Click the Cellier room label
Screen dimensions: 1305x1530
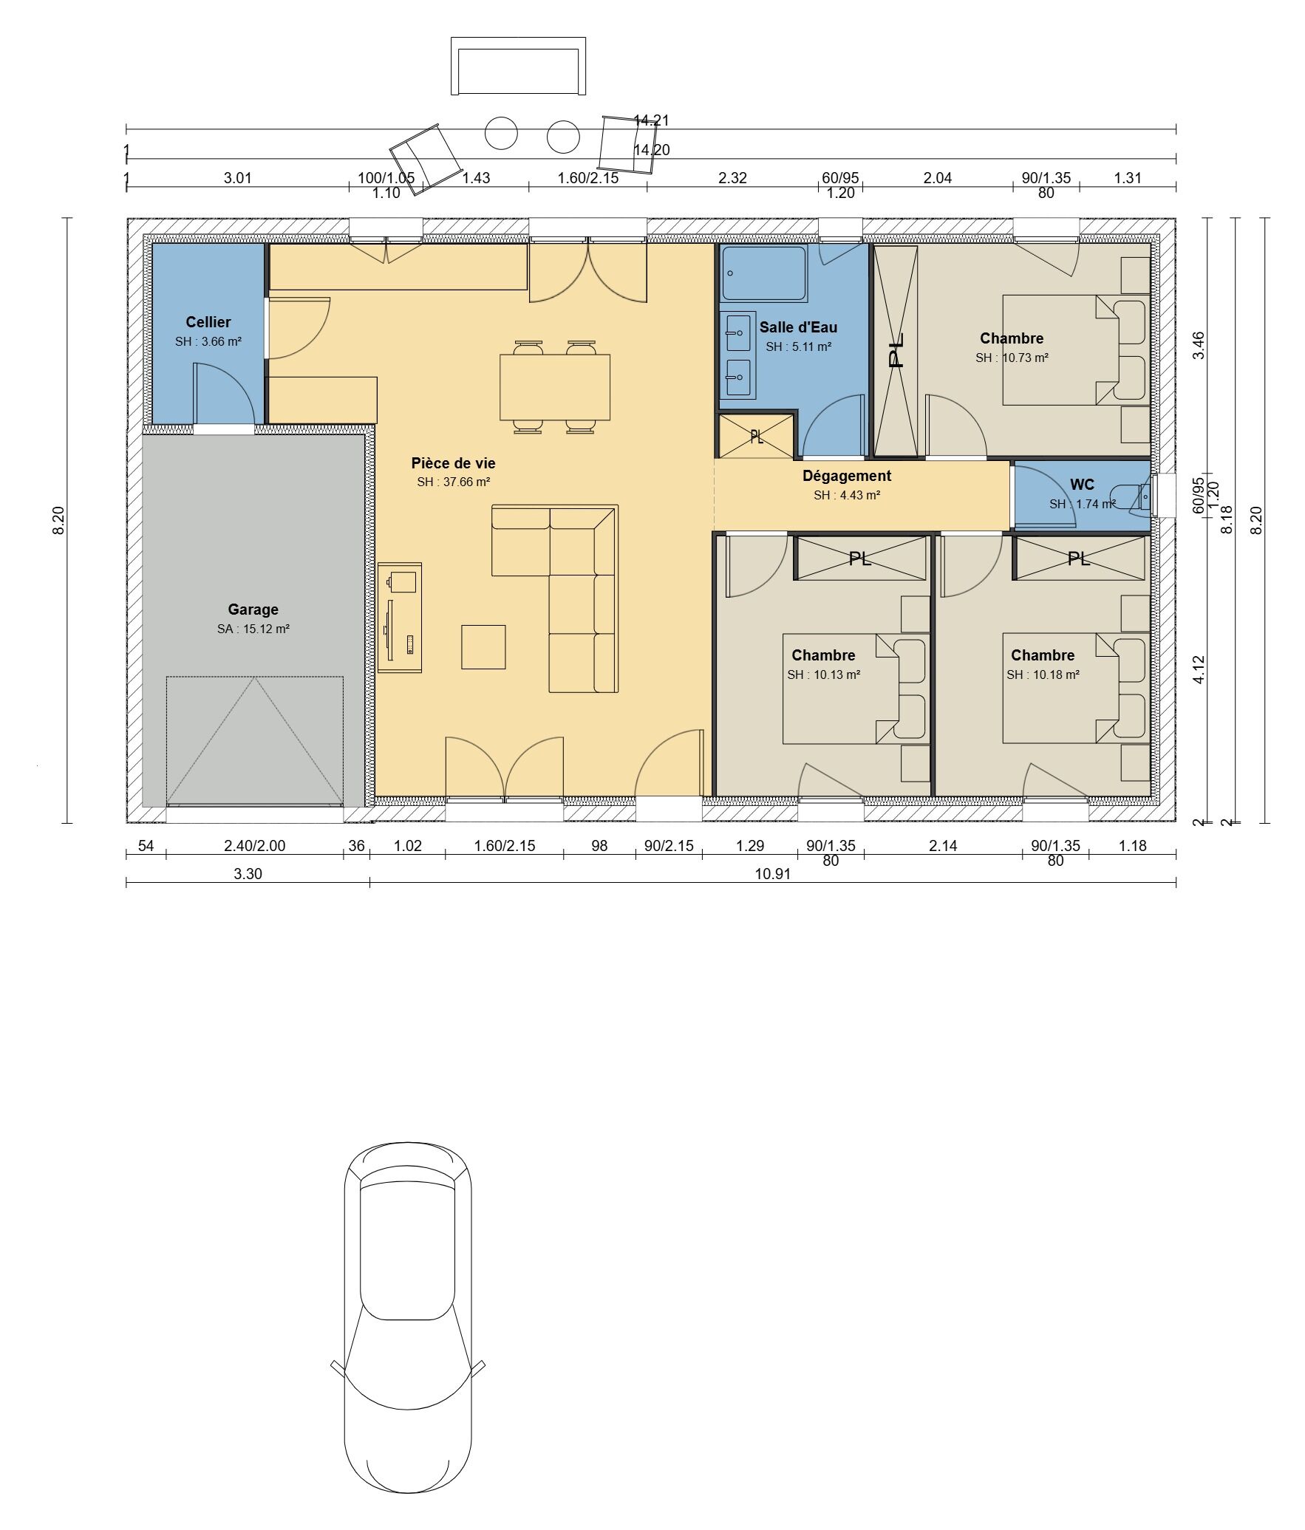[x=208, y=322]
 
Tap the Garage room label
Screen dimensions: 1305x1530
[x=253, y=609]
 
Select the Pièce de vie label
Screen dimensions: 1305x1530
[x=453, y=463]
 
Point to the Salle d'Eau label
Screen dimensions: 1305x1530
[x=798, y=327]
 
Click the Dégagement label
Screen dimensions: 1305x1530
[x=847, y=477]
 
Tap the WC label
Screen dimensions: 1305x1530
[x=1082, y=485]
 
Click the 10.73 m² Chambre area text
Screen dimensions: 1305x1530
[x=1012, y=358]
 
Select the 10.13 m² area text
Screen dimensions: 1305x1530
[x=823, y=675]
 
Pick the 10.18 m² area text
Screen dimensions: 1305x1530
[x=1043, y=675]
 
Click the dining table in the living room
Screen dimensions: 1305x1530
[x=555, y=387]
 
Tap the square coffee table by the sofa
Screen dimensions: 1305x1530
[x=483, y=647]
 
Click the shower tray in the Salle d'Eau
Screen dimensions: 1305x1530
[x=763, y=273]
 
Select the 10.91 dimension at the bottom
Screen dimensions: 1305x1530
[x=772, y=874]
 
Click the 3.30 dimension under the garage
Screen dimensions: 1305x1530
[x=248, y=874]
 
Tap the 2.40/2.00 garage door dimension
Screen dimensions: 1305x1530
[x=254, y=846]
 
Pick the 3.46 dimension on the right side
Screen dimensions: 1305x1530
[x=1199, y=346]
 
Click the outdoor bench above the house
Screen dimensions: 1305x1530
[x=518, y=66]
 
